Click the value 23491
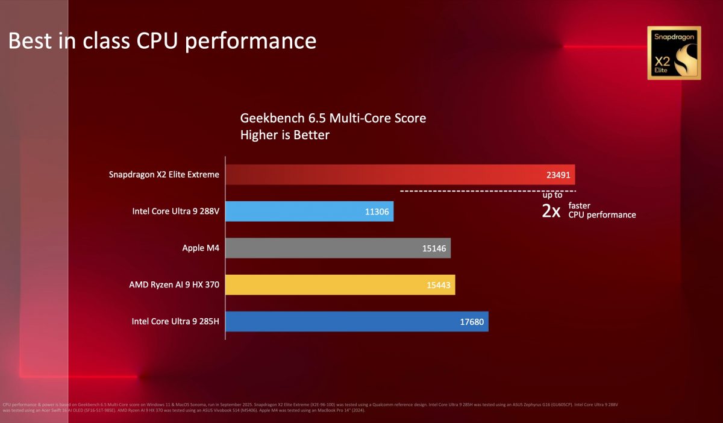[557, 175]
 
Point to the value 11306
[376, 211]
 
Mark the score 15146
[433, 248]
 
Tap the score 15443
[437, 285]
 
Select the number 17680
[471, 322]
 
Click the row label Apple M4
[201, 248]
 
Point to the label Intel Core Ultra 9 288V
[176, 211]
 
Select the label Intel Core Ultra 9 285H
[175, 322]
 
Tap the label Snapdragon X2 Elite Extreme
[164, 175]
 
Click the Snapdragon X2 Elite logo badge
[674, 53]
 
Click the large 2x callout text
[551, 211]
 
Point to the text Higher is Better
[284, 135]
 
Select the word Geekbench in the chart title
[269, 118]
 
